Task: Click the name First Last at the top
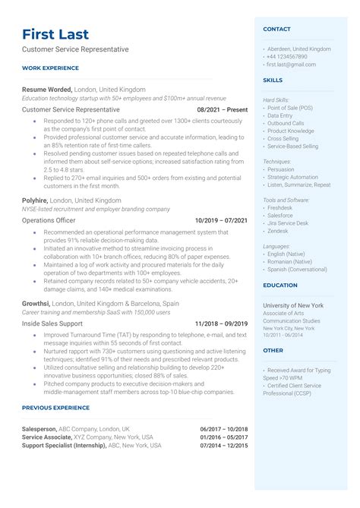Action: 55,34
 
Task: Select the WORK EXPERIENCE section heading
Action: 50,68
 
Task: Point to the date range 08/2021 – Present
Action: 223,109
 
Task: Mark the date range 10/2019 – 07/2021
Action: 221,220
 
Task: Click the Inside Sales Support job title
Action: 52,323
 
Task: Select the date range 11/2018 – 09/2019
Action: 221,323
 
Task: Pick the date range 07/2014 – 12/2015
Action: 224,446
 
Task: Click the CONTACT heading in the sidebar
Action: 276,29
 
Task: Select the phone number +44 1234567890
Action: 287,57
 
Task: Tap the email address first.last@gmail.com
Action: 291,65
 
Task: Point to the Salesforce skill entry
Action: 281,215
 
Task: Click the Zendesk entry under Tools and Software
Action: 279,230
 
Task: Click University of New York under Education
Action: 293,304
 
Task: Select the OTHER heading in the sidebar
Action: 273,351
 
